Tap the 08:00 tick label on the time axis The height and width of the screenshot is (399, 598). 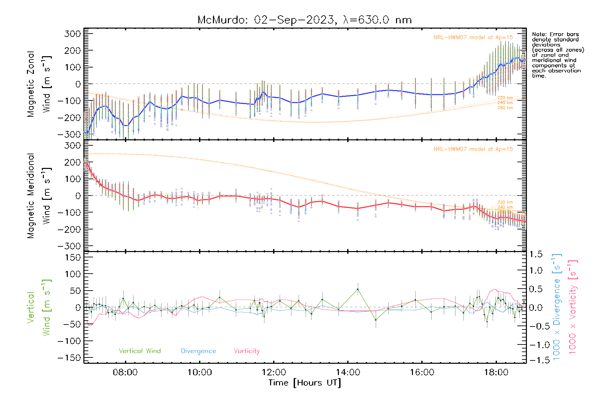(125, 372)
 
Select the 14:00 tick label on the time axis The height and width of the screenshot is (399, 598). (348, 372)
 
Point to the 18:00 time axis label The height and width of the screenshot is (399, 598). (496, 372)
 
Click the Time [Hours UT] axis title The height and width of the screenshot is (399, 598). (305, 383)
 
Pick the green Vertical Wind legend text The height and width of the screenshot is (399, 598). (140, 351)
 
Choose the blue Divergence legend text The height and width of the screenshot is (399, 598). (198, 351)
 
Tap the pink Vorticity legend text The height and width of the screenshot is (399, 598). (247, 351)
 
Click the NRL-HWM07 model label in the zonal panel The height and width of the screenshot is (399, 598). (473, 38)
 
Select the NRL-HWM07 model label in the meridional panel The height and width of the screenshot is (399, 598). (473, 149)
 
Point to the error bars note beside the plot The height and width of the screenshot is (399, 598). (557, 55)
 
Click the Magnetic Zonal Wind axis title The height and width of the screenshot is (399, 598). (39, 84)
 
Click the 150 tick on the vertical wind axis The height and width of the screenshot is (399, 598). (73, 257)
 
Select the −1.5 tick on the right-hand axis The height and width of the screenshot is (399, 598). (536, 360)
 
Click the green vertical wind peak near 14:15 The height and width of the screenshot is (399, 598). (358, 289)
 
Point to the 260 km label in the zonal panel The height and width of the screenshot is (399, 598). (505, 108)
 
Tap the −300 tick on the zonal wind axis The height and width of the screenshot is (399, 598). (69, 134)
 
